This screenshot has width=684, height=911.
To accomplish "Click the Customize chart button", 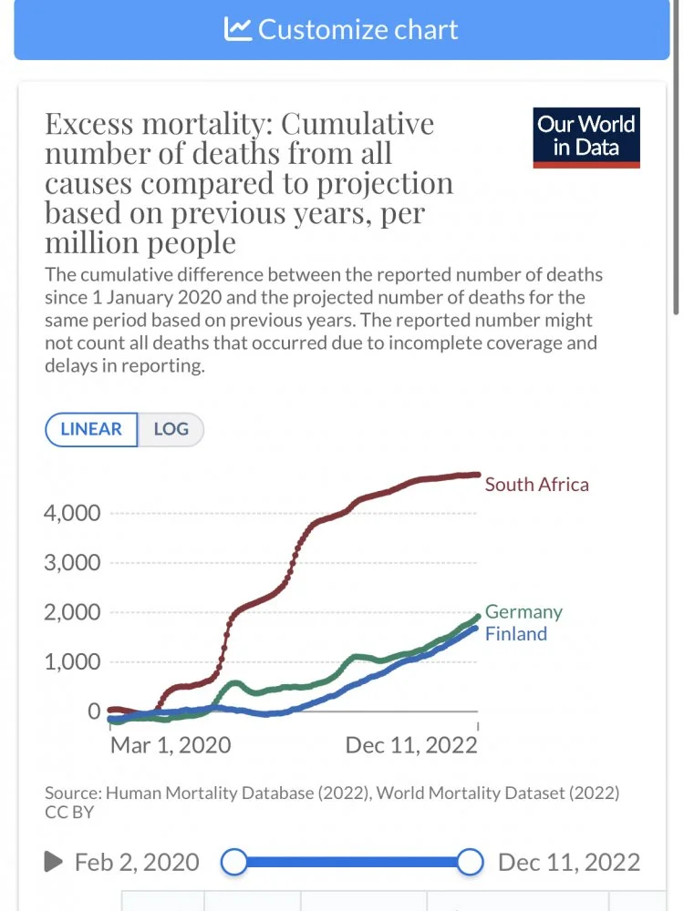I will [341, 29].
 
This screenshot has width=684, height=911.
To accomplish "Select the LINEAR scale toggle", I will [91, 429].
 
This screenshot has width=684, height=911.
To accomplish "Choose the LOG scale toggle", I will [171, 429].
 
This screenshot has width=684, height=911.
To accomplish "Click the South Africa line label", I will [536, 485].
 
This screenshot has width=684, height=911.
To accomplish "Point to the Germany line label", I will [523, 612].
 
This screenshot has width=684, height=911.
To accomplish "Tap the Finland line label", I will [515, 634].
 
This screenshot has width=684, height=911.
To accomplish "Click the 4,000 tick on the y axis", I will [72, 513].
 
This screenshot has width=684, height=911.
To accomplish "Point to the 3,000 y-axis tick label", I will [72, 563].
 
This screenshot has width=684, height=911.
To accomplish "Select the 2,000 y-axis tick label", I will [72, 612].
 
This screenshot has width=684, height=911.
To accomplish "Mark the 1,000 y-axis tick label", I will [72, 662].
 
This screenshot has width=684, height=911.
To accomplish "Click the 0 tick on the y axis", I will [93, 711].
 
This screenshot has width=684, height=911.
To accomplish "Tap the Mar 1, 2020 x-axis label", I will [171, 745].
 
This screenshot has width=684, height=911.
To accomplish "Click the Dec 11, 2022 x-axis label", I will [411, 745].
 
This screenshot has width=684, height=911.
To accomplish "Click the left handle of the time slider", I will [234, 861].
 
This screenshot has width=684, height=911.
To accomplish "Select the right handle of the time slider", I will [471, 861].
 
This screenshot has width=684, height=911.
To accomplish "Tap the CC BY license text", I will [69, 812].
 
